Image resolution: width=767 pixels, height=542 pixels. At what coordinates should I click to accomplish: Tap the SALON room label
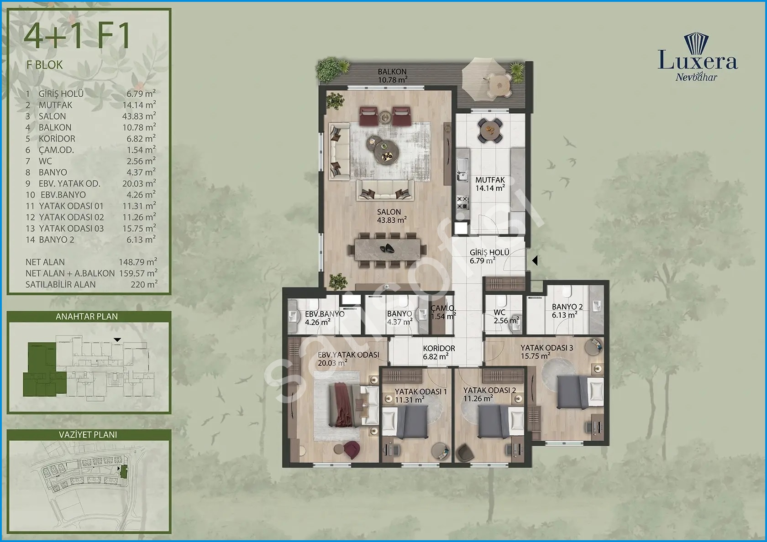point(389,212)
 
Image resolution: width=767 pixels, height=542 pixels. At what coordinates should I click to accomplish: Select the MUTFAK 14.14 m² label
point(490,184)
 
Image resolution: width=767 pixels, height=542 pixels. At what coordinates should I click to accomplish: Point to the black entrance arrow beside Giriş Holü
point(535,261)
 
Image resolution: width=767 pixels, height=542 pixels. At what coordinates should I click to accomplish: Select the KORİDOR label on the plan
point(439,349)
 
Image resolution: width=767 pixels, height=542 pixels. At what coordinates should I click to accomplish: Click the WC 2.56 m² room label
point(506,317)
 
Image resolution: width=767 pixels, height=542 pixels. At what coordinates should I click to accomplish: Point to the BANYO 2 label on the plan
point(567,307)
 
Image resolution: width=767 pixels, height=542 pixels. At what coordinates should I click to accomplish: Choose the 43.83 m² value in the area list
point(139,116)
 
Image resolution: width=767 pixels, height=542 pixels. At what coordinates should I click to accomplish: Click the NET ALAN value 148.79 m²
point(138,262)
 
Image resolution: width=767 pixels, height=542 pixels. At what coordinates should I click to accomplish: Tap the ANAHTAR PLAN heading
point(87,317)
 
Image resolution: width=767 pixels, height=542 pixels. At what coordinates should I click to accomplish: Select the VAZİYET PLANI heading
point(88,434)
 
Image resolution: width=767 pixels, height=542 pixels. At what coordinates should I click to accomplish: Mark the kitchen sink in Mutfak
point(461,170)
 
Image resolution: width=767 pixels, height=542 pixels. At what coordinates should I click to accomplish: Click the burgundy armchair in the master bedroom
point(352,450)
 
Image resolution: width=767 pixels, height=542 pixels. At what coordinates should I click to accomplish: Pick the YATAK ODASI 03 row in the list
point(91,228)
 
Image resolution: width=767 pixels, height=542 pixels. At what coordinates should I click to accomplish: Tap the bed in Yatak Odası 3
point(580,392)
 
